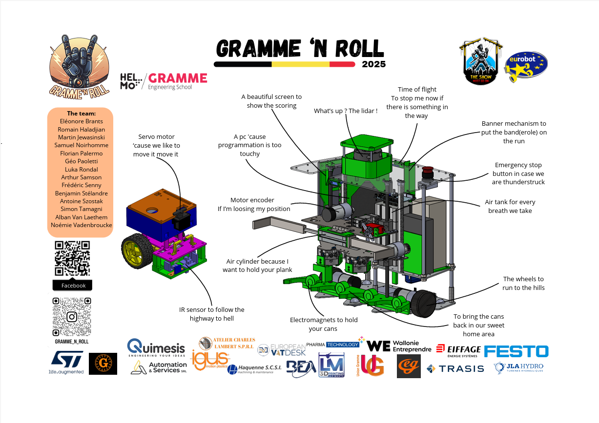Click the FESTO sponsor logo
pyautogui.click(x=516, y=351)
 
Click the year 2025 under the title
pyautogui.click(x=373, y=64)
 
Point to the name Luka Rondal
pyautogui.click(x=81, y=169)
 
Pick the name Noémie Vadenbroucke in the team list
pyautogui.click(x=81, y=225)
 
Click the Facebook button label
pyautogui.click(x=73, y=286)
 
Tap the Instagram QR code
pyautogui.click(x=72, y=317)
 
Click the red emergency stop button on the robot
pyautogui.click(x=427, y=171)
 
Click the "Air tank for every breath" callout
pyautogui.click(x=510, y=206)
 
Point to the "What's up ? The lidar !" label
pyautogui.click(x=346, y=111)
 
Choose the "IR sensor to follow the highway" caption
pyautogui.click(x=211, y=314)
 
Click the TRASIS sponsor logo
pyautogui.click(x=455, y=368)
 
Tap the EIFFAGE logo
pyautogui.click(x=458, y=350)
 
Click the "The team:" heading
pyautogui.click(x=81, y=113)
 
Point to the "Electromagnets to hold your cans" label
pyautogui.click(x=324, y=324)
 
